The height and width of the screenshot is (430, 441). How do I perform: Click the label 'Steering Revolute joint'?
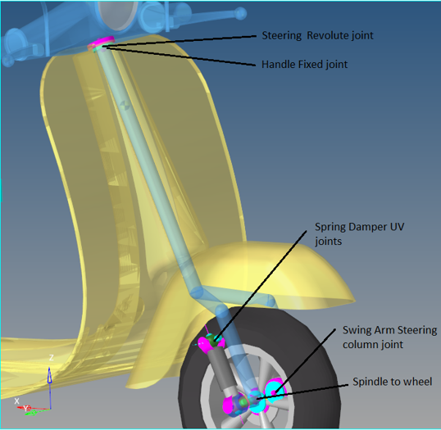[317, 36]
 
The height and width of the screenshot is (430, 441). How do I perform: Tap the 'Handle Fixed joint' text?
[304, 65]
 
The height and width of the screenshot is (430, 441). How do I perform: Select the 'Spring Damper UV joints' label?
[359, 233]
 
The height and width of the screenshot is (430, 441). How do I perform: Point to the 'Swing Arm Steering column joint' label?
[389, 337]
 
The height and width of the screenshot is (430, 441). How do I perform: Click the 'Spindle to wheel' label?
[392, 382]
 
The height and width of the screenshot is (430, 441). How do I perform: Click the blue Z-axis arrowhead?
[49, 374]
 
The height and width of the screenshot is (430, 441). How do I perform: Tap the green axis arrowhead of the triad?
[33, 413]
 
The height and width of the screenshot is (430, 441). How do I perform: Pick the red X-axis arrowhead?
[20, 407]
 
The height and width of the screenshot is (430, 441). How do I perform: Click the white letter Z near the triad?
[51, 358]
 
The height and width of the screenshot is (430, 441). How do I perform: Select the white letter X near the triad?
[17, 401]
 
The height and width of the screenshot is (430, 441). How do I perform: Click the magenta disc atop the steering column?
[102, 42]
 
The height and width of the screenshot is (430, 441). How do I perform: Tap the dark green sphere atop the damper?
[214, 340]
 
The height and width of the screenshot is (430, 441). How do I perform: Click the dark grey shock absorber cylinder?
[220, 369]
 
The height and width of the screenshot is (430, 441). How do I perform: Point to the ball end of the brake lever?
[240, 13]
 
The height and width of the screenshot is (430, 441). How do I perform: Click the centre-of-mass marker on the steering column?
[124, 106]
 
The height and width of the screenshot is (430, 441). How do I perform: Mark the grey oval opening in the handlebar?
[118, 15]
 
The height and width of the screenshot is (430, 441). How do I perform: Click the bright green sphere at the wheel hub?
[244, 402]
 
